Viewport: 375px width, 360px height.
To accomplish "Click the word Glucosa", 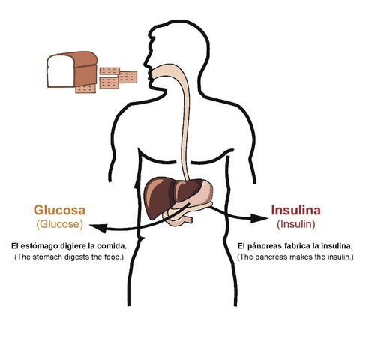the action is pos(59,210).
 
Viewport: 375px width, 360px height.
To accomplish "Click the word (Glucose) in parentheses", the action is pos(59,224).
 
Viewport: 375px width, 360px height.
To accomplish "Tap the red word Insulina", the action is pos(295,210).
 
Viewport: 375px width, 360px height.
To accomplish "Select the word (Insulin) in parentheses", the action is pos(295,224).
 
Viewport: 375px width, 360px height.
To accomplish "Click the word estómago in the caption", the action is pos(39,246).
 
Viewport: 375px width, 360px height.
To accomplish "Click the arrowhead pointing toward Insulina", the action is pos(259,219).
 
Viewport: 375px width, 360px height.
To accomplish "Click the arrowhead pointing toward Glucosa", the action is pos(98,228).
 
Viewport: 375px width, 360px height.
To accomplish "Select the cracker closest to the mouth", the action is pos(127,77).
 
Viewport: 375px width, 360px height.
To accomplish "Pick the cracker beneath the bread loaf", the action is pos(85,89).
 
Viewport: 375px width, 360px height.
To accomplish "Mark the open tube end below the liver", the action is pos(191,220).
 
